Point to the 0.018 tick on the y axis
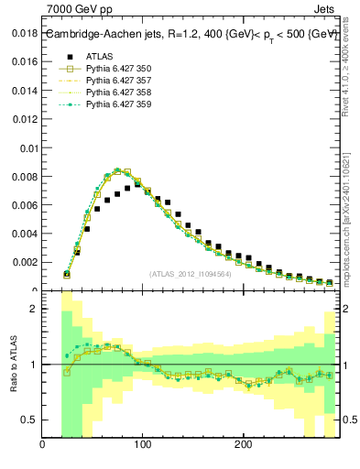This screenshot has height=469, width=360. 23,34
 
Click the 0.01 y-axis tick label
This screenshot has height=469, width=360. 27,148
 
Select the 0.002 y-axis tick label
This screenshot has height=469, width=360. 23,262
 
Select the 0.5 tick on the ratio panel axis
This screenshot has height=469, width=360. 29,420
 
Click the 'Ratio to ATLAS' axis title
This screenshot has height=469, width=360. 13,364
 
